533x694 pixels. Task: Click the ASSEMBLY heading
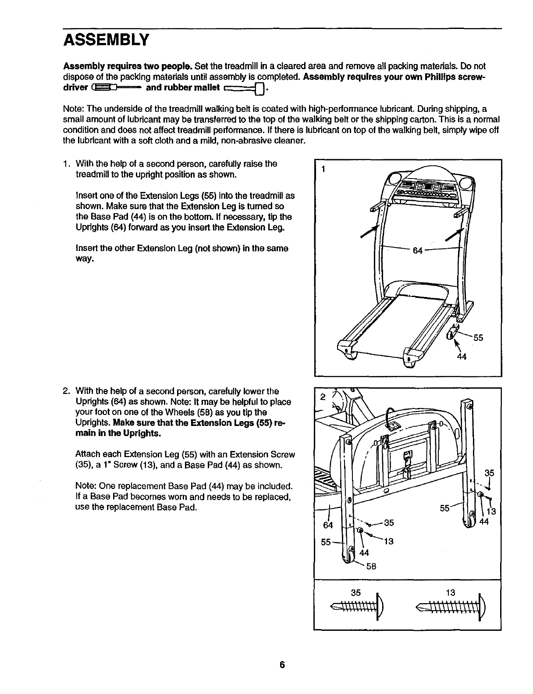pyautogui.click(x=107, y=40)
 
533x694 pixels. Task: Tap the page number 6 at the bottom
pyautogui.click(x=282, y=665)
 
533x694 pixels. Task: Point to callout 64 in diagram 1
pyautogui.click(x=418, y=250)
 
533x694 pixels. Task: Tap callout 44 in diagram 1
pyautogui.click(x=461, y=356)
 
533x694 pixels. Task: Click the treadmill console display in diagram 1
pyautogui.click(x=423, y=188)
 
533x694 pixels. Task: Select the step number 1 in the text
pyautogui.click(x=66, y=164)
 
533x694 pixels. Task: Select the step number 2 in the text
pyautogui.click(x=66, y=391)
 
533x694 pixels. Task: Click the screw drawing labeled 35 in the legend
pyautogui.click(x=358, y=608)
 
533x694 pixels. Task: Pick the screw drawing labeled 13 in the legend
pyautogui.click(x=450, y=608)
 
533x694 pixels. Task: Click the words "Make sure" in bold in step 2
pyautogui.click(x=130, y=423)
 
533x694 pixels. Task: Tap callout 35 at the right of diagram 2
pyautogui.click(x=490, y=473)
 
